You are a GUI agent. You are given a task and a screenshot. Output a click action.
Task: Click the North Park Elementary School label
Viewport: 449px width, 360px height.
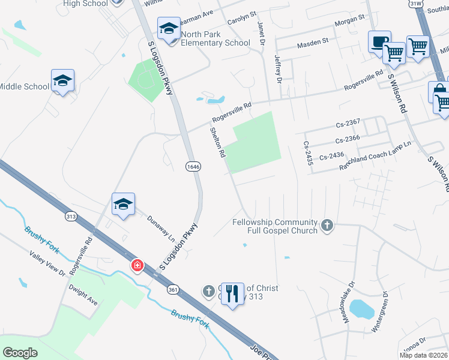pyautogui.click(x=215, y=38)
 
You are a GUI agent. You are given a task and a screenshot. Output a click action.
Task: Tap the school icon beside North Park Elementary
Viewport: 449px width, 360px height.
pyautogui.click(x=169, y=28)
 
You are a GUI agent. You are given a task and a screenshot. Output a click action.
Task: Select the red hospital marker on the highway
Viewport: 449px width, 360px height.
pyautogui.click(x=137, y=265)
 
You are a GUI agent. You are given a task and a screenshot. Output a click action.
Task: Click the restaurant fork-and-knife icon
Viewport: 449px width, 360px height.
pyautogui.click(x=233, y=294)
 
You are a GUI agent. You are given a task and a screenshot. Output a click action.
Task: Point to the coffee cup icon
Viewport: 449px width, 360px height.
pyautogui.click(x=379, y=42)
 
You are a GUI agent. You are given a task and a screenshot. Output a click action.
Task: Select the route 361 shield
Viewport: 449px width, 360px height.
pyautogui.click(x=173, y=290)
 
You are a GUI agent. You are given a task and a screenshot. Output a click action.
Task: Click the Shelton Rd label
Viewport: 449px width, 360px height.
pyautogui.click(x=217, y=142)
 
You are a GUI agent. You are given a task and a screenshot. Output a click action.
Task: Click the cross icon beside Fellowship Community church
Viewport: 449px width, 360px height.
pyautogui.click(x=327, y=226)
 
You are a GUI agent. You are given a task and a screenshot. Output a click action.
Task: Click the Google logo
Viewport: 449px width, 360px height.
pyautogui.click(x=20, y=353)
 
